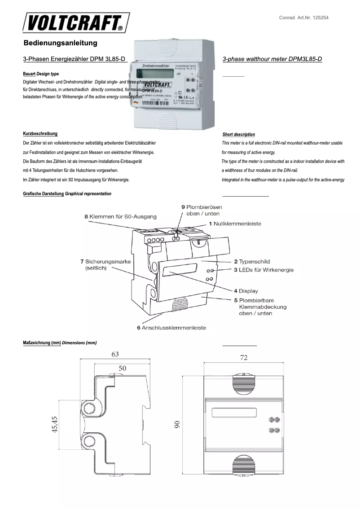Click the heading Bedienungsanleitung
pos(60,44)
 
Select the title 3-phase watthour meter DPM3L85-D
pos(272,59)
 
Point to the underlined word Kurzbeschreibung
pos(40,134)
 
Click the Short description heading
pos(239,134)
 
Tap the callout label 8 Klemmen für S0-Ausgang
pos(120,216)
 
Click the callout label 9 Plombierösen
pos(202,207)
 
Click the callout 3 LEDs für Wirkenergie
pos(263,270)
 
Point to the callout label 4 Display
pos(246,291)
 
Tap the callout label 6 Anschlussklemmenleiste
pos(171,328)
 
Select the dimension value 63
pos(115,354)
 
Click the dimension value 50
pos(122,368)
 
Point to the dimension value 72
pos(244,358)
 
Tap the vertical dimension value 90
pos(177,424)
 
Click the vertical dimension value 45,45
pos(54,425)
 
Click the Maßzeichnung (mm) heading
pos(42,343)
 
